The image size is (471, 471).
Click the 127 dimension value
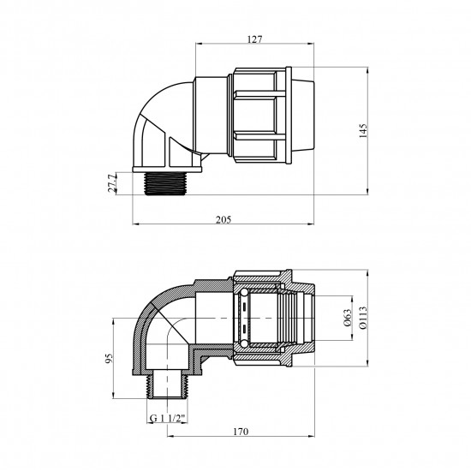tap(254, 39)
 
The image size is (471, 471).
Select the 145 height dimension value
tap(363, 131)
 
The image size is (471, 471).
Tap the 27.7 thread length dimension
tap(112, 183)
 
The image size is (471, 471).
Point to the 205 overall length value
tap(224, 219)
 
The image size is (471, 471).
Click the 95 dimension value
tap(110, 358)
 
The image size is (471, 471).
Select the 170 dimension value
tap(241, 432)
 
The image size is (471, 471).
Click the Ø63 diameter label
tap(348, 318)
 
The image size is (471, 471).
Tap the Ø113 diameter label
tap(363, 318)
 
